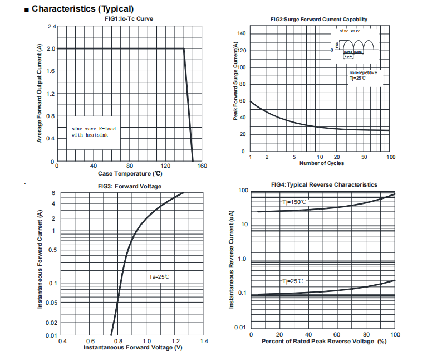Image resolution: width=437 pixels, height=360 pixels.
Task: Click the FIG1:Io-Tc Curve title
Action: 129,18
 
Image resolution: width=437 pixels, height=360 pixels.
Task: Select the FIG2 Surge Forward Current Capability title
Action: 319,20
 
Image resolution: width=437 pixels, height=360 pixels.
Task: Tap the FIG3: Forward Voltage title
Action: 129,186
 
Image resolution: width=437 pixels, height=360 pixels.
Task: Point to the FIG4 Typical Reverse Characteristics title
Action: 324,184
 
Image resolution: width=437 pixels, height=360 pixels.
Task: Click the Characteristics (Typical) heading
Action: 82,8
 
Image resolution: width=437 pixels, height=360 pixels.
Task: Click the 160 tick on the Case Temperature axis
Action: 202,166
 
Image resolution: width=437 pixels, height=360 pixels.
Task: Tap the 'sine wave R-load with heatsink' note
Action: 94,132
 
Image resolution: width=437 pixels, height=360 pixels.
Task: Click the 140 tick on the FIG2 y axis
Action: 242,34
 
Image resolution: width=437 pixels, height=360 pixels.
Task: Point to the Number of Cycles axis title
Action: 322,163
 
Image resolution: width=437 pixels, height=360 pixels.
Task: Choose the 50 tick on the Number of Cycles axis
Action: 364,157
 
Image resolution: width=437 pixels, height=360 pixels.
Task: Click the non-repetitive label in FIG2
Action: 363,72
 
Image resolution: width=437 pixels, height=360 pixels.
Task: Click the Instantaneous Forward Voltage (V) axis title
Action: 133,347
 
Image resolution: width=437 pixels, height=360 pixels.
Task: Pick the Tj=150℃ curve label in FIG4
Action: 294,202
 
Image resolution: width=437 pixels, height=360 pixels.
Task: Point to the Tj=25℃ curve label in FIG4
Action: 293,281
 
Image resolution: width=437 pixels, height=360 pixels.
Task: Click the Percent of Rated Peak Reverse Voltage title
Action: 323,341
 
